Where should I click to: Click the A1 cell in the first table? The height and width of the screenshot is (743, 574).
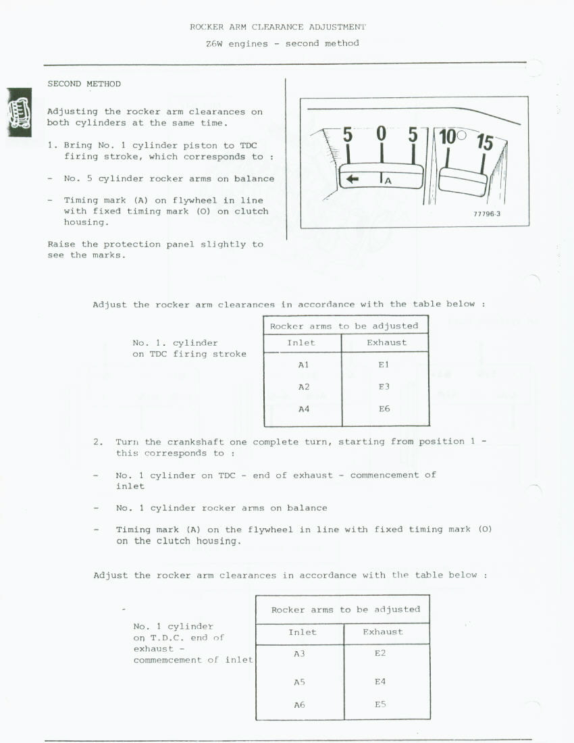tap(303, 365)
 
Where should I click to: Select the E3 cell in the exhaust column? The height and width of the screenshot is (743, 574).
tap(384, 387)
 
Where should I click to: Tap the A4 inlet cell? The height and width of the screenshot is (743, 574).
tap(303, 409)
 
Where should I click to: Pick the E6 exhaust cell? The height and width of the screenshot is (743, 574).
tap(384, 409)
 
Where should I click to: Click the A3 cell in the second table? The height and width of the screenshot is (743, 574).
tap(299, 654)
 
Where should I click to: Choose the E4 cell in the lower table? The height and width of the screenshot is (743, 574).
tap(380, 682)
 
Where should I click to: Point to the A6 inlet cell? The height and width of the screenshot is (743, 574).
tap(299, 704)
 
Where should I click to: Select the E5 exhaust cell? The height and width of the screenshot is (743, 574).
tap(380, 704)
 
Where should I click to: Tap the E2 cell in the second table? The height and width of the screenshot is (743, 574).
tap(380, 654)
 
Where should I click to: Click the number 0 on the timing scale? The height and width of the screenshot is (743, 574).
tap(381, 134)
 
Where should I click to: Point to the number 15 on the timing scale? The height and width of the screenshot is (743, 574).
tap(484, 143)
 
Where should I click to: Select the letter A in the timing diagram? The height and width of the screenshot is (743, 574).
tap(388, 180)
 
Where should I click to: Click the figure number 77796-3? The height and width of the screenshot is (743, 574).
tap(487, 214)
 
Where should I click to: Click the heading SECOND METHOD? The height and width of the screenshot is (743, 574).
tap(84, 84)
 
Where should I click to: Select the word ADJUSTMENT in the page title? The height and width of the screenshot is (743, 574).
tap(337, 27)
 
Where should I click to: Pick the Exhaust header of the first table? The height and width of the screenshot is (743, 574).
tap(386, 342)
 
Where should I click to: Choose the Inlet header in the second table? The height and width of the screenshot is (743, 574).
tap(302, 632)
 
